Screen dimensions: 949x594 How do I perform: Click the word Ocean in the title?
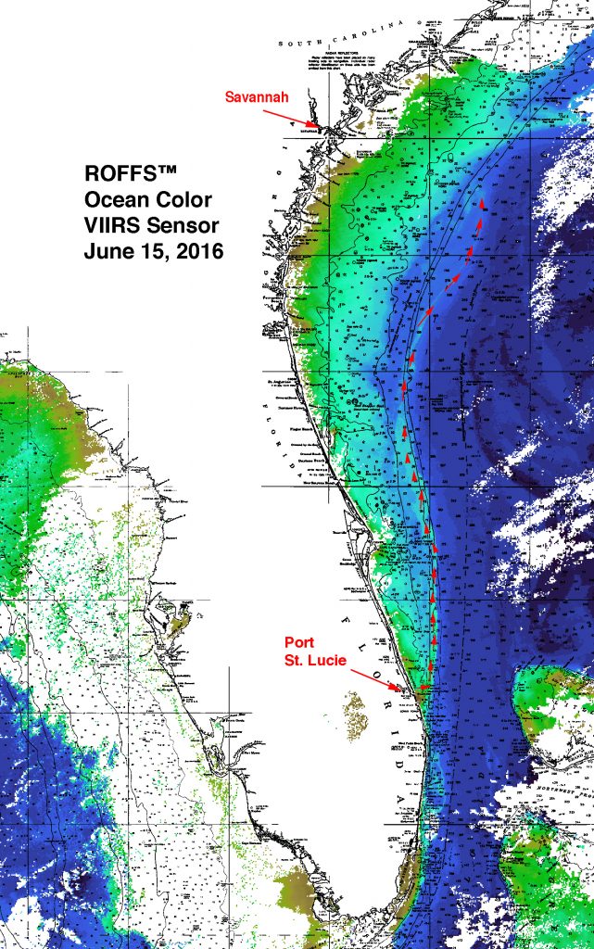[x=112, y=199]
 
